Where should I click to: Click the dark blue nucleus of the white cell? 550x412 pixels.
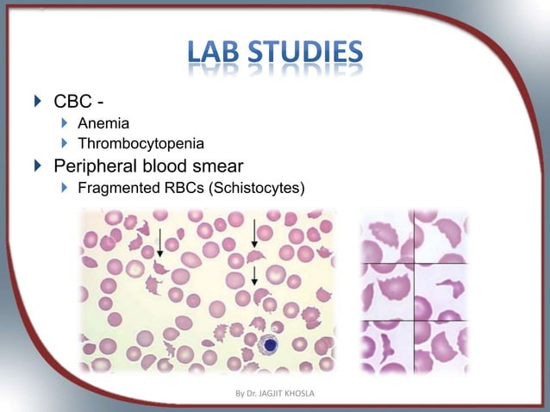[269, 345]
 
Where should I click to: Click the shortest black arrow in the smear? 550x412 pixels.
[254, 275]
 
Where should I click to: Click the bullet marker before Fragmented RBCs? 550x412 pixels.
[63, 189]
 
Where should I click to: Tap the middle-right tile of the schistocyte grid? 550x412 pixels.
[441, 291]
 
